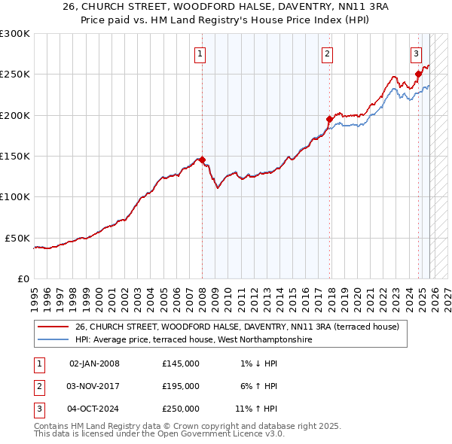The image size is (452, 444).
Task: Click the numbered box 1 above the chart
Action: tap(200, 53)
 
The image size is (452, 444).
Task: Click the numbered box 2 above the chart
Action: tap(328, 53)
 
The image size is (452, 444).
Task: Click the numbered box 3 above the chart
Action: tap(416, 53)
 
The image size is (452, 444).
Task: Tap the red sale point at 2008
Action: tap(202, 160)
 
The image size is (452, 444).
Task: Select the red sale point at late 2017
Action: tap(329, 119)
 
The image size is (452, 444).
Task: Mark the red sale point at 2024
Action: tap(419, 74)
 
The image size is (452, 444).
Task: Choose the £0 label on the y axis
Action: tap(23, 278)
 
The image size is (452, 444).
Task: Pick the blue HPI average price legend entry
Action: tap(193, 340)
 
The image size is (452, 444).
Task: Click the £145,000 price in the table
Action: tap(180, 363)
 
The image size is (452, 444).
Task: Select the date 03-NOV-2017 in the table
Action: tap(94, 386)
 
